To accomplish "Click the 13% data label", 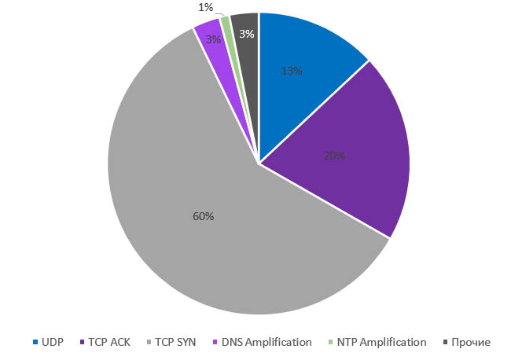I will point(292,71).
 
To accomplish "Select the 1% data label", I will point(206,7).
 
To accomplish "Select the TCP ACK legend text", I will point(109,342).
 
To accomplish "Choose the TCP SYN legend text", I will point(175,342).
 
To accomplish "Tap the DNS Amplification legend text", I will point(267,342).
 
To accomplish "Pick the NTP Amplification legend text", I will point(381,342).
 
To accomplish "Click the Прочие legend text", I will point(472,342).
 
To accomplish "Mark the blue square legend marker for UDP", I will point(35,342).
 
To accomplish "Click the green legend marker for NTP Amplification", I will point(329,342).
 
